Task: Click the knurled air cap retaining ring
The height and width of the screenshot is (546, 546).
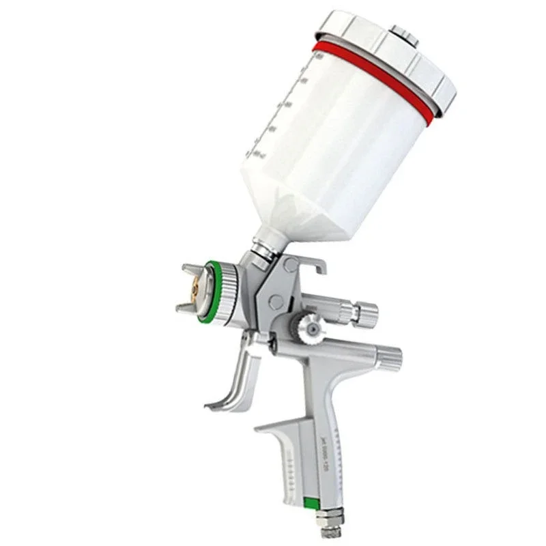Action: tap(225, 290)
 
